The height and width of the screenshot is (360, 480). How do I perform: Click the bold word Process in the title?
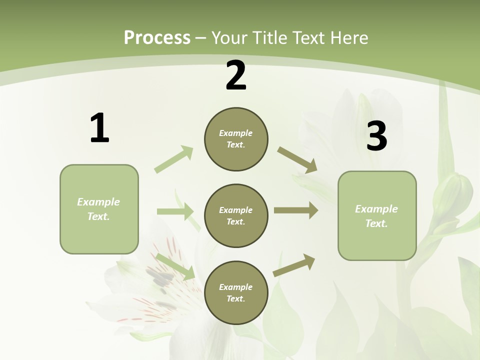157,37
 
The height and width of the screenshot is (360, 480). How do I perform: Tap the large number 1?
99,128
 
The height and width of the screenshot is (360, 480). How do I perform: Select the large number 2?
236,75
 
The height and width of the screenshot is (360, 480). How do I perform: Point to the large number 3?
376,136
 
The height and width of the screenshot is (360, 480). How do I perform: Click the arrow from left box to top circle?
174,159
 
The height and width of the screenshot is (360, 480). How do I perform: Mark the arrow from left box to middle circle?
175,211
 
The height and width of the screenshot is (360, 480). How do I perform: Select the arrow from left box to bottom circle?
175,266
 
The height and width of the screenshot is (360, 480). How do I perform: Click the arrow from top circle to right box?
297,160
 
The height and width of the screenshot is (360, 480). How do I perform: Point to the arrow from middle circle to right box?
296,210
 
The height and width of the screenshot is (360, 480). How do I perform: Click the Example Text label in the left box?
98,209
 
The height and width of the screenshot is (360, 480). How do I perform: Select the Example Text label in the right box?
376,216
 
